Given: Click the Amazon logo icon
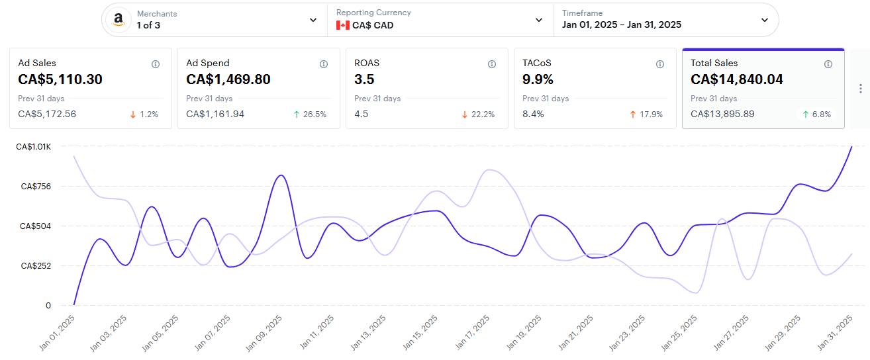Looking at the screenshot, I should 119,20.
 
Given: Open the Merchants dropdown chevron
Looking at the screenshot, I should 313,20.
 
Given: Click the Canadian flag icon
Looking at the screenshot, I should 342,25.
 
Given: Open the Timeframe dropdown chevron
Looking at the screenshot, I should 765,20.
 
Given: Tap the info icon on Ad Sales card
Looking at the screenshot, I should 156,64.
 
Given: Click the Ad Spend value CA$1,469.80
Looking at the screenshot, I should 228,80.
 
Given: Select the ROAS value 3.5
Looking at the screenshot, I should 364,80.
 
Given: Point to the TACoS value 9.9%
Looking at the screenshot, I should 538,80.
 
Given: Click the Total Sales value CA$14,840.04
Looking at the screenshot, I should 736,80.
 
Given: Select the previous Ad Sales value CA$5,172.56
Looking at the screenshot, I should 47,114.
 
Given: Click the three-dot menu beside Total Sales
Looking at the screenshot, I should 860,89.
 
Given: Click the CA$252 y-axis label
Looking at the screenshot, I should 36,266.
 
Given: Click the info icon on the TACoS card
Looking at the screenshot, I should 660,64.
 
